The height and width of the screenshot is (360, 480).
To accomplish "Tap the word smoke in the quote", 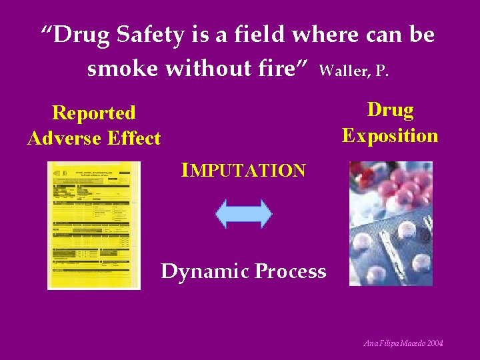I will [118, 68].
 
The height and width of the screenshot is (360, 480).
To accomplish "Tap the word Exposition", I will [390, 136].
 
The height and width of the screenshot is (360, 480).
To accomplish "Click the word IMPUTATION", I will [244, 171].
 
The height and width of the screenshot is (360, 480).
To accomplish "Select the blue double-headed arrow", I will [244, 214].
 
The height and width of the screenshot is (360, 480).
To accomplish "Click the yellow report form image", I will [94, 225].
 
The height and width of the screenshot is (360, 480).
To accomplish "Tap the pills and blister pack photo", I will [391, 223].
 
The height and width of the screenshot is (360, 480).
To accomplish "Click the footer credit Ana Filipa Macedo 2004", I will [404, 343].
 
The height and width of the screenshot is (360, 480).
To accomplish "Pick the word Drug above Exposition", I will [390, 110].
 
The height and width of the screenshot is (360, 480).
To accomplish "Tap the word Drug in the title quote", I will [79, 35].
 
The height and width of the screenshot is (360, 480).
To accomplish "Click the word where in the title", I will [318, 35].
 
